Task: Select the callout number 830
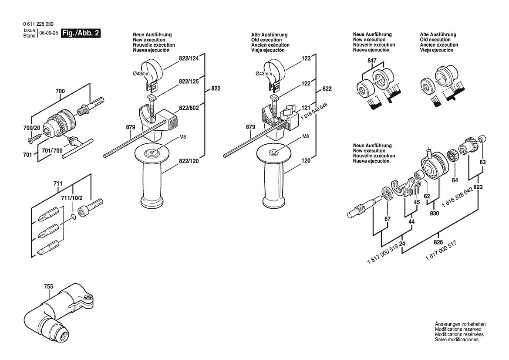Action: coord(434,214)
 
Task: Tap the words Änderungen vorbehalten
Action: coord(460,324)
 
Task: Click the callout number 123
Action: coord(306,58)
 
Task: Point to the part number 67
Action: coord(387,219)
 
